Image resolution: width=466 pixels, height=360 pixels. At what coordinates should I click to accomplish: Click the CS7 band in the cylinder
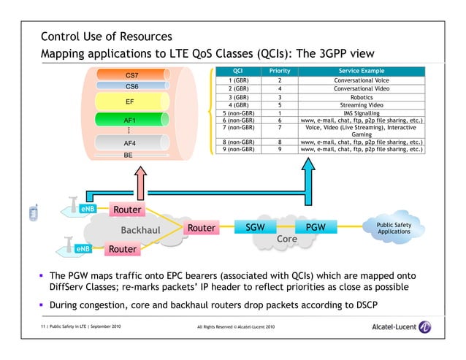[131, 75]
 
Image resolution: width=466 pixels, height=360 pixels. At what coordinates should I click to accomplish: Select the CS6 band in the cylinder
[131, 86]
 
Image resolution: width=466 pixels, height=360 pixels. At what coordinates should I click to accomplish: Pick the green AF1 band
[129, 120]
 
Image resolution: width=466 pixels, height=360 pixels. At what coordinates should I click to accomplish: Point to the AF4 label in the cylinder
[129, 143]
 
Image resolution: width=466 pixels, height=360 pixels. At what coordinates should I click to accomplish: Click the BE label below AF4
[129, 156]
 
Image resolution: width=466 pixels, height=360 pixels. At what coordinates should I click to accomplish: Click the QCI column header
[237, 71]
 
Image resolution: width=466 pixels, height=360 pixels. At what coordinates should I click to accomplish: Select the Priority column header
[280, 71]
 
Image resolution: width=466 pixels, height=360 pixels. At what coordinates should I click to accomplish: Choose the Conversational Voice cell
[361, 80]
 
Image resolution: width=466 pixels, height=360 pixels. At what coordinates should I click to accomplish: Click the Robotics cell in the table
[361, 96]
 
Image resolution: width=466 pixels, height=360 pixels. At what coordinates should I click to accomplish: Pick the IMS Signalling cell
[361, 113]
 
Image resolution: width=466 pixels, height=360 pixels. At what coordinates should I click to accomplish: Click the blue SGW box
[255, 229]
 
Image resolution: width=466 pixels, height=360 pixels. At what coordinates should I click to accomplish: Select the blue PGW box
[316, 229]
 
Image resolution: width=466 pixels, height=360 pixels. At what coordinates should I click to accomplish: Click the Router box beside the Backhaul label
[201, 229]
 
